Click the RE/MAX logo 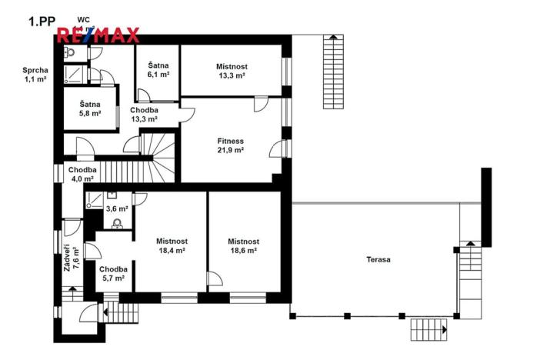pyautogui.click(x=98, y=35)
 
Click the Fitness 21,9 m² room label pyautogui.click(x=230, y=146)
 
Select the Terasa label pyautogui.click(x=378, y=260)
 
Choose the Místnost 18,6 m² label pyautogui.click(x=242, y=245)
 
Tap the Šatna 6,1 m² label pyautogui.click(x=158, y=70)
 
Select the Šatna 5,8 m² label pyautogui.click(x=91, y=108)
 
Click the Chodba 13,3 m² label pyautogui.click(x=144, y=115)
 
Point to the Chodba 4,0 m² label pyautogui.click(x=82, y=174)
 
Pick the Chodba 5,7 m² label pyautogui.click(x=112, y=273)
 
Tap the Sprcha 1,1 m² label pyautogui.click(x=35, y=75)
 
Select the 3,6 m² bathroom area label pyautogui.click(x=117, y=208)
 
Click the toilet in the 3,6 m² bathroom pyautogui.click(x=117, y=224)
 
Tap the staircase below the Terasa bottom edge pyautogui.click(x=429, y=330)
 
